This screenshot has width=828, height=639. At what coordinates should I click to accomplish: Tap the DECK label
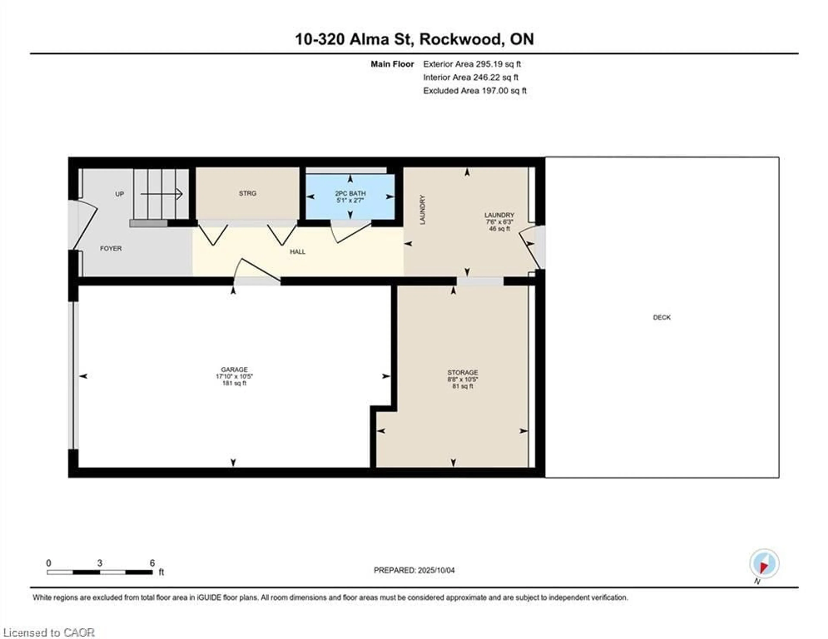662,317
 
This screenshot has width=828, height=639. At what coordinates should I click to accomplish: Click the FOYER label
111,248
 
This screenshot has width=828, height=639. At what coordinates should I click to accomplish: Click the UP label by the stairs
119,194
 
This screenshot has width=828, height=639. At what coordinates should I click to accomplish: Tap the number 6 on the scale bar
152,563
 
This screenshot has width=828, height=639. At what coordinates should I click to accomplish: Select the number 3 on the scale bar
99,563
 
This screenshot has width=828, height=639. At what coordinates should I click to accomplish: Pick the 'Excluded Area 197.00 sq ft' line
475,91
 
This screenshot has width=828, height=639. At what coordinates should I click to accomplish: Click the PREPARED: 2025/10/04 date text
414,570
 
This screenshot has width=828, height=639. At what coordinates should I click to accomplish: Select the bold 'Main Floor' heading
392,64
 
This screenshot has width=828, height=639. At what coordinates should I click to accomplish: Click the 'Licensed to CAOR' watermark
49,633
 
